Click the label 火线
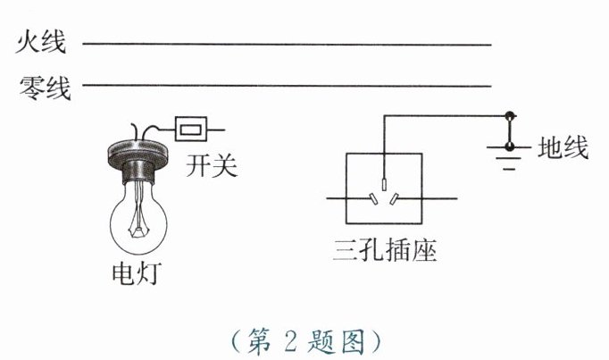[44, 42]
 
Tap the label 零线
[44, 87]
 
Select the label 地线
[563, 147]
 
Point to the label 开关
[212, 164]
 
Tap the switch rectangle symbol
[192, 129]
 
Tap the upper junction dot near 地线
[510, 115]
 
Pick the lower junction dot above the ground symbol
[510, 147]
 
